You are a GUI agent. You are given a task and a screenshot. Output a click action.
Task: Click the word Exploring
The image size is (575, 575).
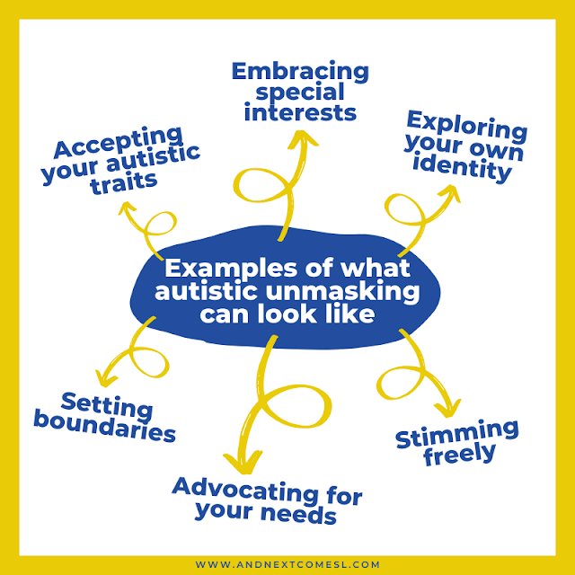pos(467,127)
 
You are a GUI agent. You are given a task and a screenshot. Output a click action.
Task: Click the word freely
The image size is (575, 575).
pos(458,452)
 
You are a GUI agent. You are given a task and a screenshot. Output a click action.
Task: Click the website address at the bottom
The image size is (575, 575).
pos(287,564)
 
